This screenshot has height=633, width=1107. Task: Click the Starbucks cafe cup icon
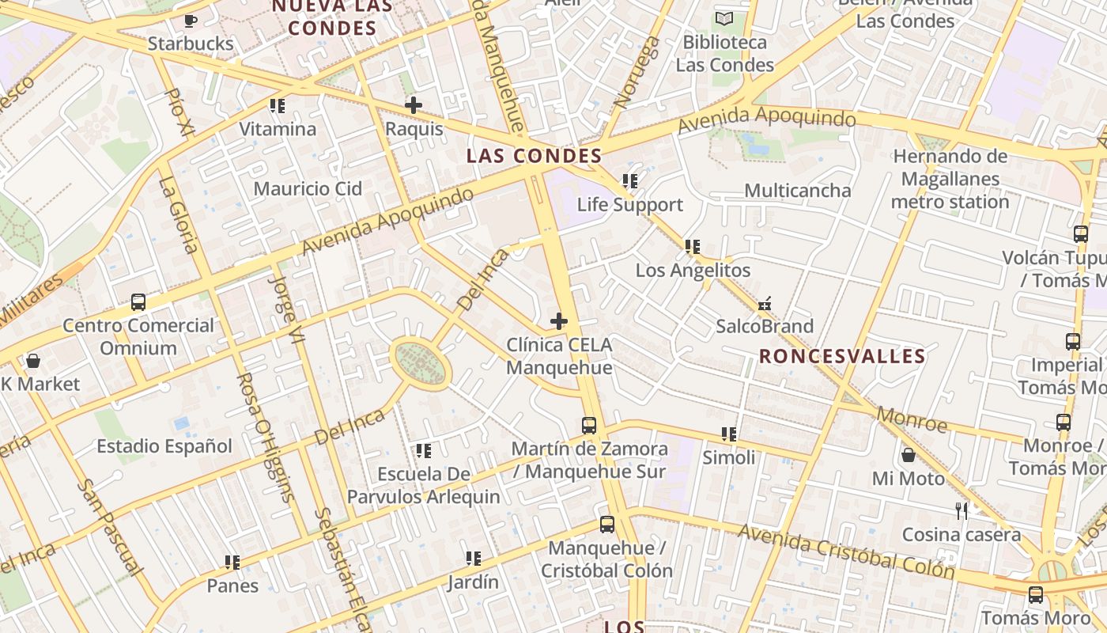point(190,21)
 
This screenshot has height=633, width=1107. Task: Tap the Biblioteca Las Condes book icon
point(724,18)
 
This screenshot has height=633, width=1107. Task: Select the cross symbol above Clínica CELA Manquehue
point(559,321)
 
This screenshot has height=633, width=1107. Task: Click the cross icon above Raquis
point(413,104)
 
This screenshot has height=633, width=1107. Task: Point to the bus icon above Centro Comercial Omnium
point(138,301)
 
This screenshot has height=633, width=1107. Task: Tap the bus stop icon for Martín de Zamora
point(589,425)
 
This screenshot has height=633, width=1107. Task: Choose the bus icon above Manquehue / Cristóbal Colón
point(607,524)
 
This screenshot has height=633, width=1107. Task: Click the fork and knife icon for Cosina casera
point(962,510)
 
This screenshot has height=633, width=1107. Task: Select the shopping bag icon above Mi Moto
point(909,455)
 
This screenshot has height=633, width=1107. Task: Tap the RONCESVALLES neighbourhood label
point(842,356)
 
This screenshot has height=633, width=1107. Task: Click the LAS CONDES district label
point(534,155)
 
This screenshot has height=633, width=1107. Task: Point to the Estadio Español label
point(164,446)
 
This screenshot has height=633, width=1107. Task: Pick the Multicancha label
point(798,191)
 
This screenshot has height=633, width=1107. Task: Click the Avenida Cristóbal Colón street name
point(846,551)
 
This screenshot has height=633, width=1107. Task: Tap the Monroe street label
point(912,420)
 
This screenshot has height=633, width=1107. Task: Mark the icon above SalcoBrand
point(765,303)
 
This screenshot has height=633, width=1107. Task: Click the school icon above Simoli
point(729,434)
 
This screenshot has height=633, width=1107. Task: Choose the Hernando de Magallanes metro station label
point(950,179)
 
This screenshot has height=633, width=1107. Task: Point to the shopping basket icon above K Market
point(33,361)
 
